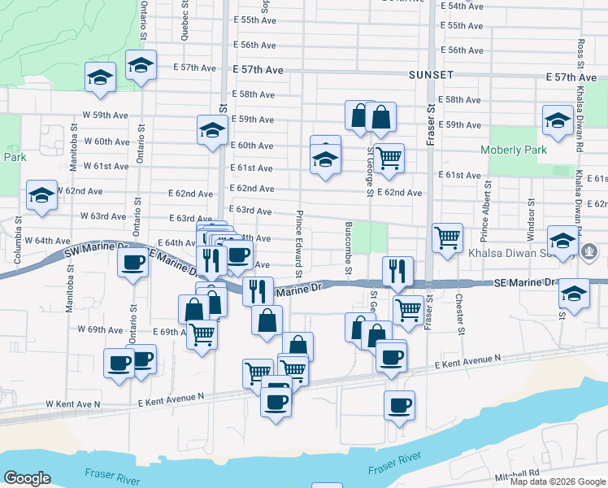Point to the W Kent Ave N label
click(x=72, y=403)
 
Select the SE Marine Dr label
click(x=525, y=282)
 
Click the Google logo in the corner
click(x=27, y=478)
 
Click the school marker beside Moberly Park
click(x=558, y=120)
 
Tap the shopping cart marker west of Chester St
click(x=446, y=237)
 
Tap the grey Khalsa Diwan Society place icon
click(x=591, y=252)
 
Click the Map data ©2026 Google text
click(x=557, y=481)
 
